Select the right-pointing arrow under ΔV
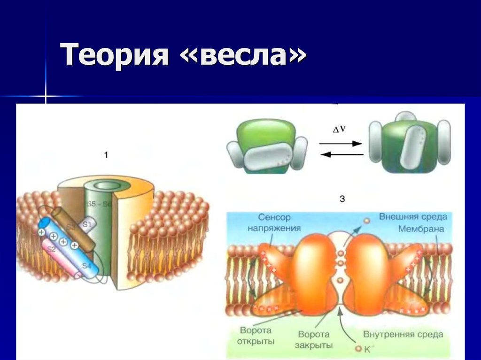coord(341,144)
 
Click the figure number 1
coord(106,154)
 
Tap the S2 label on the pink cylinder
coord(51,249)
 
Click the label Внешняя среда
coord(413,217)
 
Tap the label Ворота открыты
coord(257,335)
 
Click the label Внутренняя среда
coord(403,335)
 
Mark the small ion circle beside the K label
coord(358,349)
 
